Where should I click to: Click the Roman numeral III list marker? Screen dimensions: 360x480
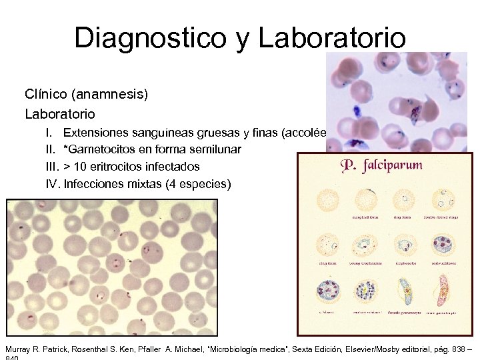(53, 166)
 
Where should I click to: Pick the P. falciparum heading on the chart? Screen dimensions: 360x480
(382, 165)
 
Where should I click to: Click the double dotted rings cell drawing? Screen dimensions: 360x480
(442, 201)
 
